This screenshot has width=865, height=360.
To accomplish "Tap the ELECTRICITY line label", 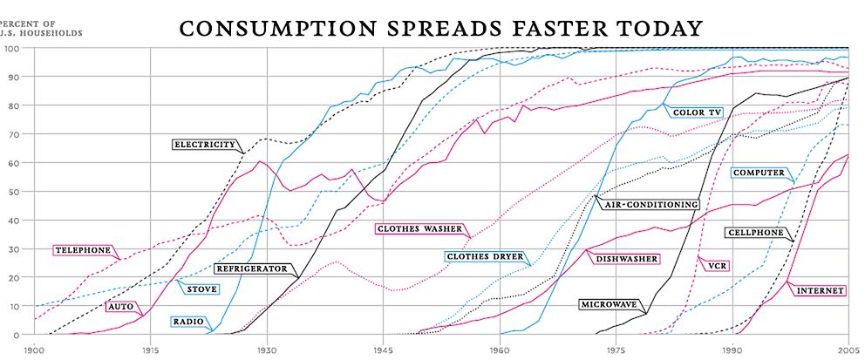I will tap(205, 145).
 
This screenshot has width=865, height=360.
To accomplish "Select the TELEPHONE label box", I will tap(84, 250).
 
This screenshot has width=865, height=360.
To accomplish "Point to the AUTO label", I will tap(119, 307).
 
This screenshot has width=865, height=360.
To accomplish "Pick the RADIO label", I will tap(187, 322).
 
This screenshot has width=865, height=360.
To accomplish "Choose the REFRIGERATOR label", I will tap(252, 269).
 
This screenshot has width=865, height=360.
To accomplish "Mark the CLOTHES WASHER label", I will tap(419, 229).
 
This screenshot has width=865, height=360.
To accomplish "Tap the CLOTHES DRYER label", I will tap(485, 257).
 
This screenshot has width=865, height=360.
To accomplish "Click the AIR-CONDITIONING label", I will tap(648, 204).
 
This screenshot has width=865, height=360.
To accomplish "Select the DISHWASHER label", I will tap(626, 259).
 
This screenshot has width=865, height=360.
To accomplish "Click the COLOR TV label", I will tap(697, 112).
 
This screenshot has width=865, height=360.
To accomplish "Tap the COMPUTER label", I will tap(758, 173).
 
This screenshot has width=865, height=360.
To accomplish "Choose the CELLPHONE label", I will tap(755, 234).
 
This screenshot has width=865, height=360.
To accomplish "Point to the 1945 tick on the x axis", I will tap(382, 349).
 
